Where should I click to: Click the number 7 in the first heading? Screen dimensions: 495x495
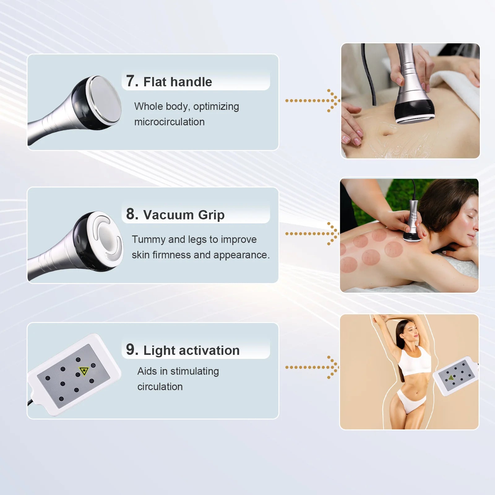coord(132,81)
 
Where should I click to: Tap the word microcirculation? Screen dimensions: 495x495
coord(169,122)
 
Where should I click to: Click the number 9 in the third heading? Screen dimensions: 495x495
coord(132,350)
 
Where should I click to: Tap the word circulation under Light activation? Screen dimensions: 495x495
coord(160,387)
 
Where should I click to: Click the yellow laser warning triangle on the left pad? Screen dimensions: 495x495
coord(84,371)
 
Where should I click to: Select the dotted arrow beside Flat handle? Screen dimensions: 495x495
coord(312,101)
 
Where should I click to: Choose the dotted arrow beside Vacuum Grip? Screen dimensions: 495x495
coord(312,234)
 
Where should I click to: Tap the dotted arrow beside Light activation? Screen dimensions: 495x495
coord(312,367)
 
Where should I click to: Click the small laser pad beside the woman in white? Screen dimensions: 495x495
coord(455,376)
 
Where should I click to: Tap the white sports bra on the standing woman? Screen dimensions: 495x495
coord(415,360)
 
